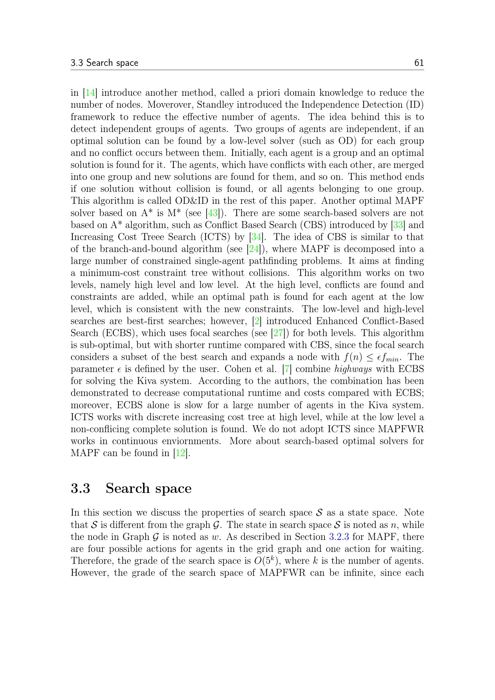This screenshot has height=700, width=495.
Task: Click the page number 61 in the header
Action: tap(419, 63)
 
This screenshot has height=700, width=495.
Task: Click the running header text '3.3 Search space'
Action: tap(104, 63)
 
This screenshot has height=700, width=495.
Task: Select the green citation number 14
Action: tap(90, 93)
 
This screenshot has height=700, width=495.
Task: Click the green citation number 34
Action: tap(256, 237)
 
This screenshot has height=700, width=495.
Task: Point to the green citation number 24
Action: tap(254, 249)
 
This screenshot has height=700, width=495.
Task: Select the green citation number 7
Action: tap(287, 369)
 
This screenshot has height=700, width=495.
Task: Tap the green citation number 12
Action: tap(180, 453)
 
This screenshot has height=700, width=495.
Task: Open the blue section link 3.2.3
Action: tap(339, 537)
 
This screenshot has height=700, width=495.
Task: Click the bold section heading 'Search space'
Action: tap(148, 488)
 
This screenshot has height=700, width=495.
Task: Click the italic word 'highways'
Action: tap(353, 369)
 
